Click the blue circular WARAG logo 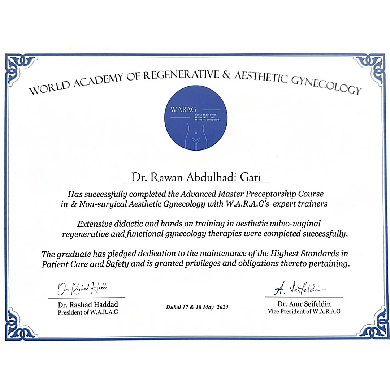pos(195,118)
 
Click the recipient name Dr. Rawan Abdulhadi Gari pos(195,177)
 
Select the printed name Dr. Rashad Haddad pos(88,305)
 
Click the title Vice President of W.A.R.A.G pos(304,311)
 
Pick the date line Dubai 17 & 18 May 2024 pos(197,307)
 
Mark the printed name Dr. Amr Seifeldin pos(304,304)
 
